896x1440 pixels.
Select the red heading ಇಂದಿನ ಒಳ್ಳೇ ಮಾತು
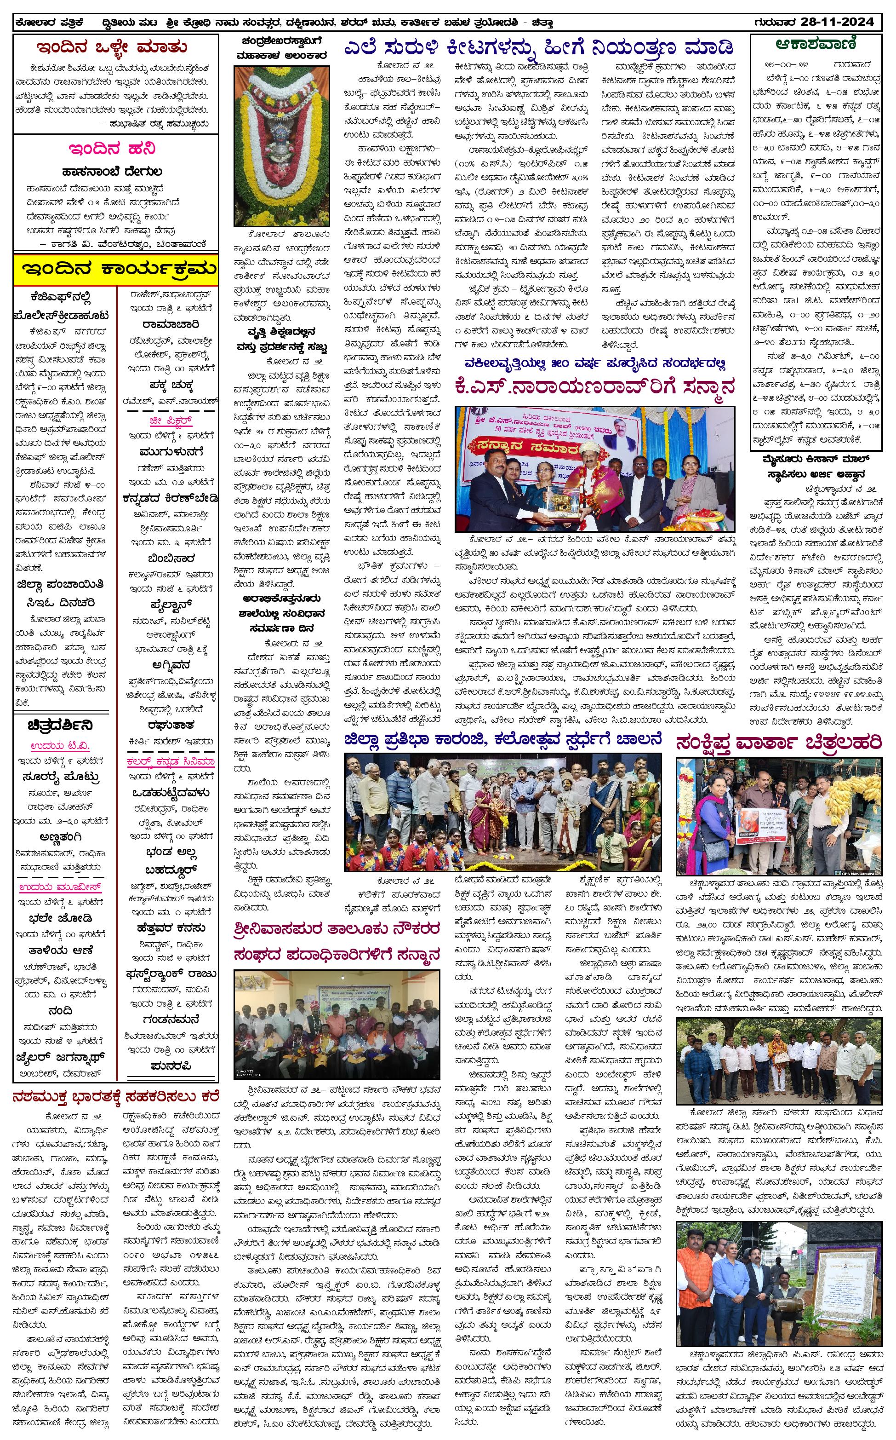pos(112,47)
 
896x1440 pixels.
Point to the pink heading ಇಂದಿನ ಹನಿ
pos(112,148)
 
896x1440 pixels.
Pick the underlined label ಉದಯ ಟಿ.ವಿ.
pos(60,746)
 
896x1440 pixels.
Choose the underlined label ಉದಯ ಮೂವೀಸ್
pos(60,887)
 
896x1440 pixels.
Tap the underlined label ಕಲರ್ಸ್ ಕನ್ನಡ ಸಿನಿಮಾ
pos(170,761)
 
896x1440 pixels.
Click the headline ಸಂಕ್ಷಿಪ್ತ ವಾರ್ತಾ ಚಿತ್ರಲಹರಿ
pos(778,743)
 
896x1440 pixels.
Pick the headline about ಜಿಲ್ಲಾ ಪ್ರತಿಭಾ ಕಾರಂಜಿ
pos(502,740)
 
